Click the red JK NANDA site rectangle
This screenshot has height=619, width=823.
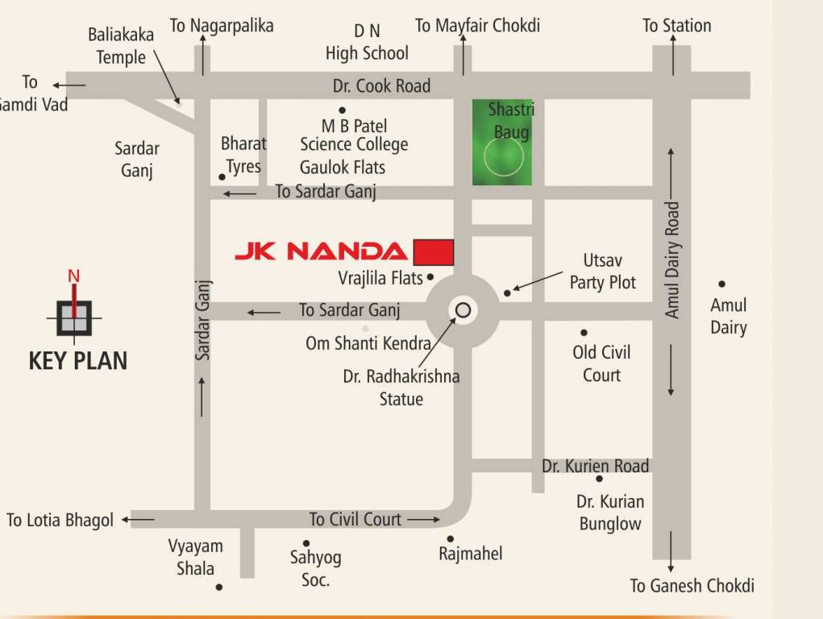[434, 251]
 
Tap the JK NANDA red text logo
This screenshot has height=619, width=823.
[321, 251]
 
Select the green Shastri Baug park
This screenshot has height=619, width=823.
[502, 143]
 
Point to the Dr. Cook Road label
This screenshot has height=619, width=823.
[381, 85]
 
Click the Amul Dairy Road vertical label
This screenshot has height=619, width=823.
[673, 260]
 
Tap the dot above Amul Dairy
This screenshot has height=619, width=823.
[721, 284]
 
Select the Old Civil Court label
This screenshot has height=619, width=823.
[601, 364]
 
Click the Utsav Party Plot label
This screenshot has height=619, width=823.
[602, 272]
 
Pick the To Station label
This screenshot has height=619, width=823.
[676, 26]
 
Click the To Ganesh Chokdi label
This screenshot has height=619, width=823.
[692, 586]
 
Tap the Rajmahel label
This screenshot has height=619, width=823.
[470, 554]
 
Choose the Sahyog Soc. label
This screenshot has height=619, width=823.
[315, 568]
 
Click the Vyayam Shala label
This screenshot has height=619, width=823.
[195, 557]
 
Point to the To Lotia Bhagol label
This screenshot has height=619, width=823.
[60, 521]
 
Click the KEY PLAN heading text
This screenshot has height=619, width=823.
[78, 360]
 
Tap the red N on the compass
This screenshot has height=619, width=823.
[73, 276]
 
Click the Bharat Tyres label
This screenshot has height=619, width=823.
[243, 155]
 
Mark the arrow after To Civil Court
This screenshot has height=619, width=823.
[423, 520]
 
